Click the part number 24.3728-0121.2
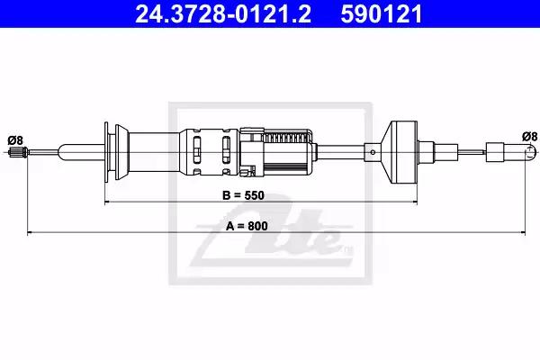[223, 14]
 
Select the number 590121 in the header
[382, 14]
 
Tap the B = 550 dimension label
[244, 195]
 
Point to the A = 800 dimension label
[247, 226]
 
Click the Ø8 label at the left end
[15, 140]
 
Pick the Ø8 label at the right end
[529, 137]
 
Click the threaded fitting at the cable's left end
[18, 152]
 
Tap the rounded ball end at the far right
[531, 152]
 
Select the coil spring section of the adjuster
[285, 138]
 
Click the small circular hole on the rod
[373, 152]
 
